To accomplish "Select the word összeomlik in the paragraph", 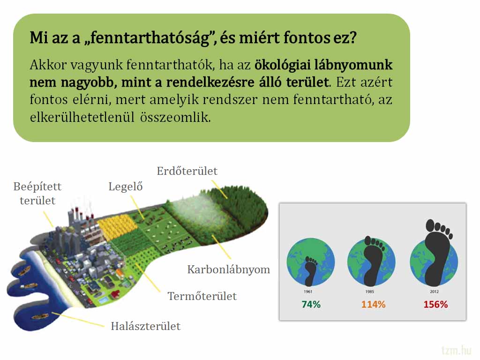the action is tap(175, 117).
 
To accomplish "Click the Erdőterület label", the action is tap(187, 171).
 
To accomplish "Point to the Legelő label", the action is tap(126, 187).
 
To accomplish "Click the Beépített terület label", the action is tap(37, 194).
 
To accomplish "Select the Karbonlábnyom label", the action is tap(229, 270).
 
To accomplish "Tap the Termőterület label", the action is tap(202, 296).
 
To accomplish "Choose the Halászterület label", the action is tap(146, 326).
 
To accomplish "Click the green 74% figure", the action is tap(311, 304).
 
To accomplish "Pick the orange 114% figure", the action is tap(373, 304).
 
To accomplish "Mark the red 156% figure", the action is tap(435, 304).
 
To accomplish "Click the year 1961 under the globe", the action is tap(308, 292).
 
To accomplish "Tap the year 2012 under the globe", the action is tap(434, 292).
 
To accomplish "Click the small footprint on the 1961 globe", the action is tap(311, 271).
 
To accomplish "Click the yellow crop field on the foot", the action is tap(118, 226).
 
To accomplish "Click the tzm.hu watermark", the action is tap(456, 350).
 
